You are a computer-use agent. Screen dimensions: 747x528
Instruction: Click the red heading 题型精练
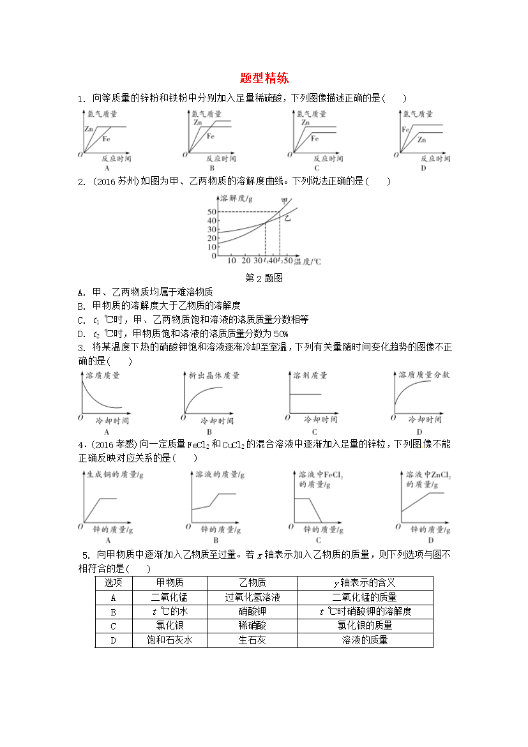(x=264, y=79)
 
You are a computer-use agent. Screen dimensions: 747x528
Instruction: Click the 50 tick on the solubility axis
(x=212, y=211)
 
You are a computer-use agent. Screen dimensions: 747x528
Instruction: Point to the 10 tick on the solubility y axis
(x=212, y=246)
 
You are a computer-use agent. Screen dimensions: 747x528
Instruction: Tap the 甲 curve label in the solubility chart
(x=284, y=202)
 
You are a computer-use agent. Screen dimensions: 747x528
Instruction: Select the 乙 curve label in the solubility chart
(x=287, y=218)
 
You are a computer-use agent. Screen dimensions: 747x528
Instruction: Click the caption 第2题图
(x=264, y=278)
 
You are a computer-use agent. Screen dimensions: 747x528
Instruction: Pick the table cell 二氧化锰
(x=169, y=598)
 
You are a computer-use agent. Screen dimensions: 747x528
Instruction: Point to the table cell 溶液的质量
(x=365, y=640)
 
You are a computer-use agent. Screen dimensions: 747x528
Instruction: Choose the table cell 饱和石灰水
(x=169, y=640)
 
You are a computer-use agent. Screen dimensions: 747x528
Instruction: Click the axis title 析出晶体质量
(x=214, y=375)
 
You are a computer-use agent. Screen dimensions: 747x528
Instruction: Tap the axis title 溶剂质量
(x=310, y=375)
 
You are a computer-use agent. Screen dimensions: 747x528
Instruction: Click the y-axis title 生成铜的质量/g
(x=114, y=475)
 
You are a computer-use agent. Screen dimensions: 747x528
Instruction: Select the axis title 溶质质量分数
(x=424, y=375)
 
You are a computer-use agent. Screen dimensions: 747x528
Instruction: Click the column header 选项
(x=113, y=583)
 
